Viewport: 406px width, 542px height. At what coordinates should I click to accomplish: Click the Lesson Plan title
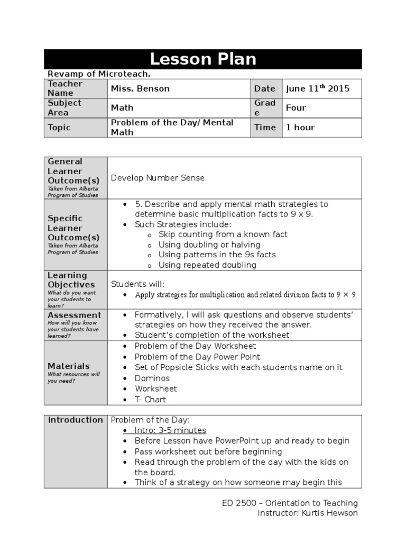[x=203, y=59]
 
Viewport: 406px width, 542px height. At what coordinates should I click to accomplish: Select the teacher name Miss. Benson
[x=140, y=88]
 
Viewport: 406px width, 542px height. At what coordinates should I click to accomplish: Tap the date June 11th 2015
[x=318, y=88]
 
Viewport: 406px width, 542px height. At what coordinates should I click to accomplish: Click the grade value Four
[x=296, y=107]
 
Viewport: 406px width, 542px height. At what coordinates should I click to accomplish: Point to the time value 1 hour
[x=300, y=127]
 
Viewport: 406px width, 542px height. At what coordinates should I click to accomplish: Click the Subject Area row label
[x=64, y=107]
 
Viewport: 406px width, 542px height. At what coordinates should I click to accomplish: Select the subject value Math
[x=122, y=107]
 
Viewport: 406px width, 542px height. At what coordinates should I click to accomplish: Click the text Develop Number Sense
[x=158, y=178]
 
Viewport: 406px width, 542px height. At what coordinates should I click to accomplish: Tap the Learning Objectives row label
[x=68, y=280]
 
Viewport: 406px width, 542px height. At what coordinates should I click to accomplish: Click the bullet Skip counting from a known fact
[x=223, y=234]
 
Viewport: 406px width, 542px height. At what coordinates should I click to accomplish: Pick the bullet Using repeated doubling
[x=207, y=265]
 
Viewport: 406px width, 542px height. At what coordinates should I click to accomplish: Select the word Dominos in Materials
[x=152, y=378]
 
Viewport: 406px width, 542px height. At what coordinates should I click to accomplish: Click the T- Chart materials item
[x=150, y=400]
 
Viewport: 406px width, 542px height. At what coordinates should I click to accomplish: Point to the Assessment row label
[x=74, y=315]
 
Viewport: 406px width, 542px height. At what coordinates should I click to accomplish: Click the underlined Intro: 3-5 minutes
[x=170, y=430]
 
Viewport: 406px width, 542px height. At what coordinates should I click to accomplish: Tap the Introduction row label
[x=76, y=420]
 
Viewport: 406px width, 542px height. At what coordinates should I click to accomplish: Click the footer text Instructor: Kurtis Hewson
[x=307, y=513]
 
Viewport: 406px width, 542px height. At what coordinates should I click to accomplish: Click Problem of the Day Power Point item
[x=197, y=357]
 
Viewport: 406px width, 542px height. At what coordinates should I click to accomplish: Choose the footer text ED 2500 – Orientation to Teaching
[x=290, y=503]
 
